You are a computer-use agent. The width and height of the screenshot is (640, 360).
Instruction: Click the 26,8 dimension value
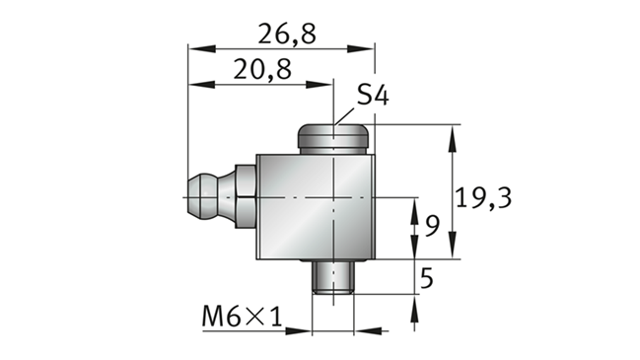click(287, 34)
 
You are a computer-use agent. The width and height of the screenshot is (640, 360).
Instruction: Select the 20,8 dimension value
click(262, 69)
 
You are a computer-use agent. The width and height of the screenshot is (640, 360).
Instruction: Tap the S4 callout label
click(373, 95)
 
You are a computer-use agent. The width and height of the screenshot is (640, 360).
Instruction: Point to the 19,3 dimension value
click(483, 198)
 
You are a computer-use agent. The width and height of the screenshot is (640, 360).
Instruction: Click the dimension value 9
click(432, 226)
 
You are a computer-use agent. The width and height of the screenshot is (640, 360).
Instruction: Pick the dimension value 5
click(427, 278)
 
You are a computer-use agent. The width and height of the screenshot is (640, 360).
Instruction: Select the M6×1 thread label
click(242, 316)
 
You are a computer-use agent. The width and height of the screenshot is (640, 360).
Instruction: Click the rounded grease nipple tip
click(203, 197)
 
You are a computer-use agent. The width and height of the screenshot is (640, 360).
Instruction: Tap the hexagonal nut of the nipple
click(246, 196)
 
